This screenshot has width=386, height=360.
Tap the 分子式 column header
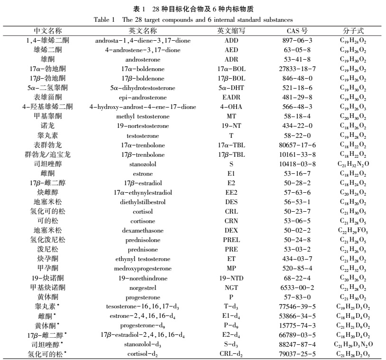coord(352,31)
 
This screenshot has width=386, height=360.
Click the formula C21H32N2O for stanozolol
coord(352,164)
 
